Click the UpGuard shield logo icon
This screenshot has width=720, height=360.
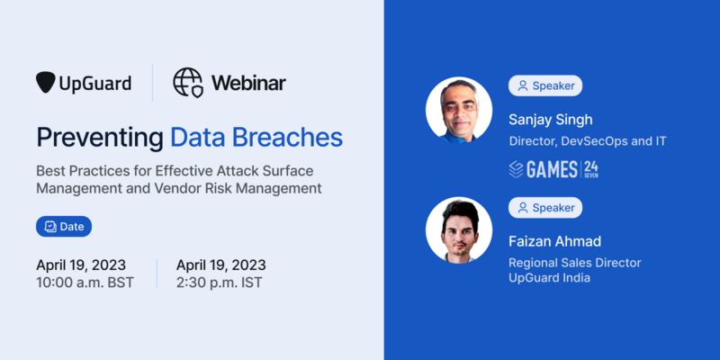click(x=46, y=84)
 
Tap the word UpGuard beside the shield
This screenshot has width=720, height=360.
click(x=95, y=84)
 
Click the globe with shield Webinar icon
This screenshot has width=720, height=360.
click(x=187, y=83)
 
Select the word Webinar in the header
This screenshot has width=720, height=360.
click(x=248, y=84)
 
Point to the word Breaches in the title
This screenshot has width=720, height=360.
click(x=289, y=138)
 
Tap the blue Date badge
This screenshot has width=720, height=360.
click(x=64, y=227)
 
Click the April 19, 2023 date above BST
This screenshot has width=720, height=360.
click(x=81, y=265)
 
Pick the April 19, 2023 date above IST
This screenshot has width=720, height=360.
click(x=221, y=265)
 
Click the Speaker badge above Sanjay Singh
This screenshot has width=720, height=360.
click(x=545, y=86)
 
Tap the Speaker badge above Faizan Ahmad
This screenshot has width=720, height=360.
click(x=545, y=208)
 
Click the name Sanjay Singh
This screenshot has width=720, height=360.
click(x=551, y=120)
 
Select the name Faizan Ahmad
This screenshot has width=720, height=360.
click(x=554, y=241)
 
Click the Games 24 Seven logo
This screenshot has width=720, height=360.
click(x=553, y=169)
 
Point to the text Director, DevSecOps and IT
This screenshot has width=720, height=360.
click(x=588, y=141)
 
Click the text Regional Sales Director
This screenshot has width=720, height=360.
click(x=575, y=262)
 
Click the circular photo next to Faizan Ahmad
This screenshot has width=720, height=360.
click(x=459, y=230)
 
